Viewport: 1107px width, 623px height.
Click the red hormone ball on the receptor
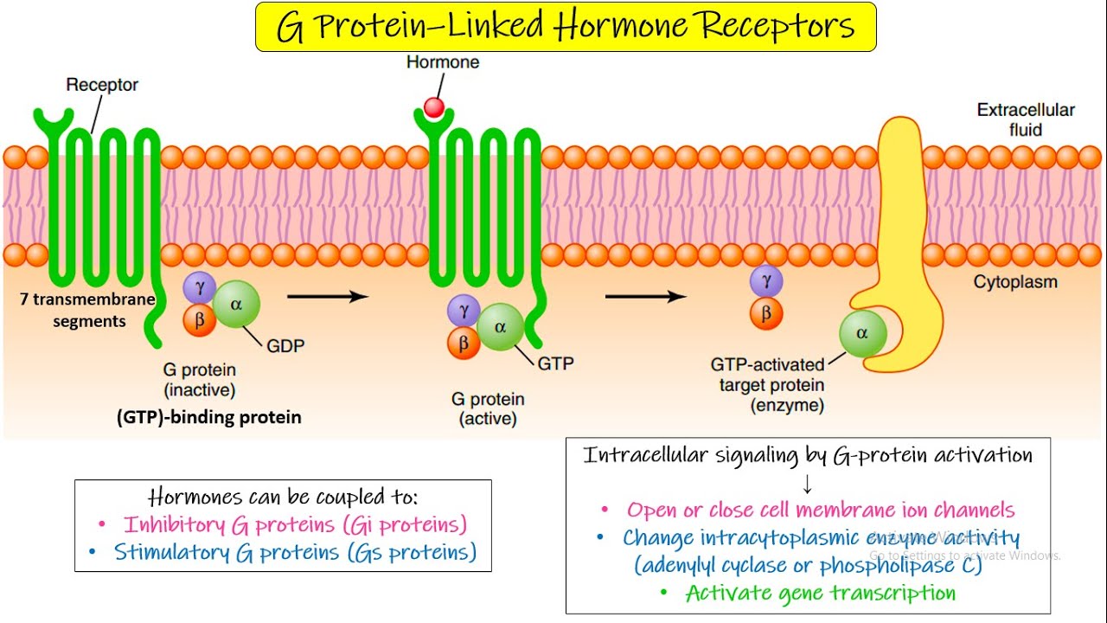click(434, 107)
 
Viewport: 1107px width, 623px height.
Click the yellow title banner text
click(566, 27)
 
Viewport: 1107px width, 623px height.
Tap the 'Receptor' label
click(102, 85)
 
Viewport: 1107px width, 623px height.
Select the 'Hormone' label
click(443, 62)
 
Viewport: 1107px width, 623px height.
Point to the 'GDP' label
click(285, 345)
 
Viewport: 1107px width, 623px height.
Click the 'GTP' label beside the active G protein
click(555, 363)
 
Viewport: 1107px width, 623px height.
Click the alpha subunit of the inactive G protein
click(235, 304)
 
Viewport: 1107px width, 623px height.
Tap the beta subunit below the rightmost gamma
click(765, 314)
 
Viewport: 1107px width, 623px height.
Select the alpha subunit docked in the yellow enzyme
click(862, 334)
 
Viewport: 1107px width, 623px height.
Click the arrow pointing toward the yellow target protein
click(645, 297)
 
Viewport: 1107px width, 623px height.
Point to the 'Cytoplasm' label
click(1014, 282)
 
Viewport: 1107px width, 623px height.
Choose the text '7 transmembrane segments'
click(86, 311)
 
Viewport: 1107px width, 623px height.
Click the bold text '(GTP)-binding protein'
click(208, 417)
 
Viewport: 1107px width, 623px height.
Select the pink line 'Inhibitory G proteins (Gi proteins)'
click(294, 524)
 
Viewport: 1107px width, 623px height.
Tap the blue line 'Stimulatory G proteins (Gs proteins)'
click(295, 553)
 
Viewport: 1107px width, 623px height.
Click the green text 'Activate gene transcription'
click(820, 593)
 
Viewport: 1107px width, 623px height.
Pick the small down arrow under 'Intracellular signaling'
click(808, 485)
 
